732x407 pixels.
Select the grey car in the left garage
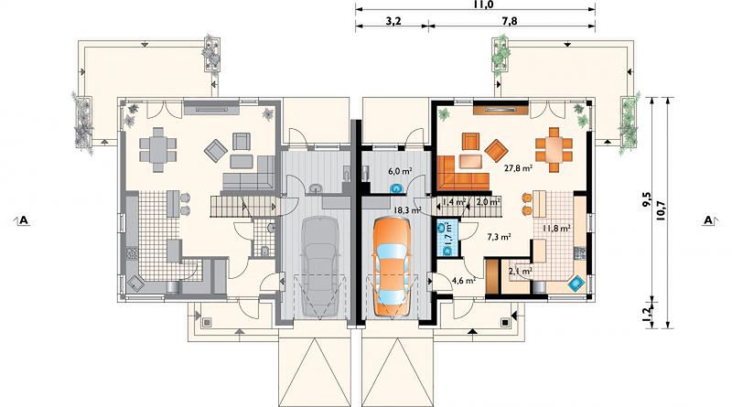coord(321,266)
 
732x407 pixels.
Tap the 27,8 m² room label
coord(519,168)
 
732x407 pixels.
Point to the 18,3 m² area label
coord(407,210)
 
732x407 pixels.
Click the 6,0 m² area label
coord(400,171)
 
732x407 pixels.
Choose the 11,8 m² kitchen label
coord(556,229)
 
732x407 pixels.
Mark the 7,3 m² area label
coord(499,237)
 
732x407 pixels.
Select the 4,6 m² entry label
coord(464,281)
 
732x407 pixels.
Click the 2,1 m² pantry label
coord(521,270)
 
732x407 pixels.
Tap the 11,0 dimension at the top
coord(476,5)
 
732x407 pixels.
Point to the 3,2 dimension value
coord(393,21)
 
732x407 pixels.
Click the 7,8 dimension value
coord(510,21)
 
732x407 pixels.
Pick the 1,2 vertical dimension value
coord(647,315)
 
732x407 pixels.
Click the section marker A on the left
coord(23,220)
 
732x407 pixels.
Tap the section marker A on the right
coord(709,220)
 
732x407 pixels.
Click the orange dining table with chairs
coord(554,150)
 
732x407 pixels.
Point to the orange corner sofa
coord(463,173)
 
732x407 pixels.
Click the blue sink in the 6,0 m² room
coord(397,188)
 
